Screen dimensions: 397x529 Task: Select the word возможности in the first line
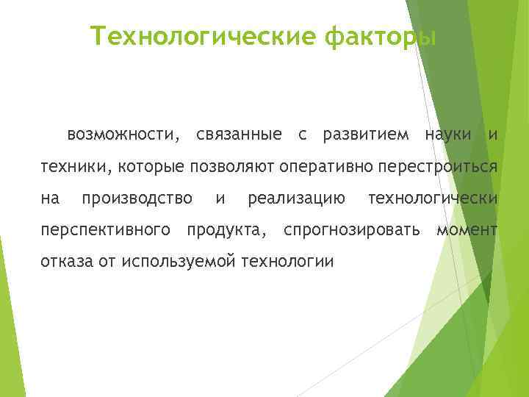[x=122, y=135]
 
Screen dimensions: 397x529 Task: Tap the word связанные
[x=239, y=135]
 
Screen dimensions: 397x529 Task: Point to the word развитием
[x=363, y=135]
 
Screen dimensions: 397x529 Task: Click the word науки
[x=447, y=135]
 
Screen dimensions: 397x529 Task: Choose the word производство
[x=137, y=198]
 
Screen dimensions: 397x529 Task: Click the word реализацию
[x=297, y=198]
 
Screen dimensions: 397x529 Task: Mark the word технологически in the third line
[x=433, y=198]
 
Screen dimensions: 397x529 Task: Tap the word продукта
[x=226, y=230]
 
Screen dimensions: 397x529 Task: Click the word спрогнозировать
[x=352, y=230]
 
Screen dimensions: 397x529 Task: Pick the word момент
[x=467, y=230]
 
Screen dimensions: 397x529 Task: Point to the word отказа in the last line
[x=63, y=262]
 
